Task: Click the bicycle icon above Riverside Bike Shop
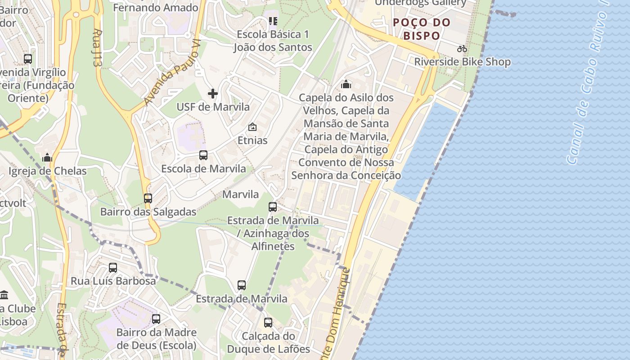pyautogui.click(x=462, y=49)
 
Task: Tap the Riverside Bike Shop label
pyautogui.click(x=462, y=62)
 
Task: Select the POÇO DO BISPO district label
pyautogui.click(x=421, y=29)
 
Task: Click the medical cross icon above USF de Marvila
pyautogui.click(x=213, y=94)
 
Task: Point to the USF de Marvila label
pyautogui.click(x=213, y=107)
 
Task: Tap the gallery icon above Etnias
pyautogui.click(x=252, y=127)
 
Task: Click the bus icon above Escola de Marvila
pyautogui.click(x=203, y=155)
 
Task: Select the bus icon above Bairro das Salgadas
pyautogui.click(x=148, y=198)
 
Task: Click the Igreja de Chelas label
pyautogui.click(x=47, y=171)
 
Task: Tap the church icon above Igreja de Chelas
pyautogui.click(x=47, y=157)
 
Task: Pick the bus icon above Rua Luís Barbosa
pyautogui.click(x=113, y=268)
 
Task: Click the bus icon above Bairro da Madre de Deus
pyautogui.click(x=156, y=319)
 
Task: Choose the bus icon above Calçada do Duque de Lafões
pyautogui.click(x=268, y=323)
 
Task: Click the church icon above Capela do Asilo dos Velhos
pyautogui.click(x=346, y=84)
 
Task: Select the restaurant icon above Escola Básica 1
pyautogui.click(x=273, y=21)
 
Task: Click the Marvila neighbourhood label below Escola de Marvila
pyautogui.click(x=241, y=194)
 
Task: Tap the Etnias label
pyautogui.click(x=252, y=140)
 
